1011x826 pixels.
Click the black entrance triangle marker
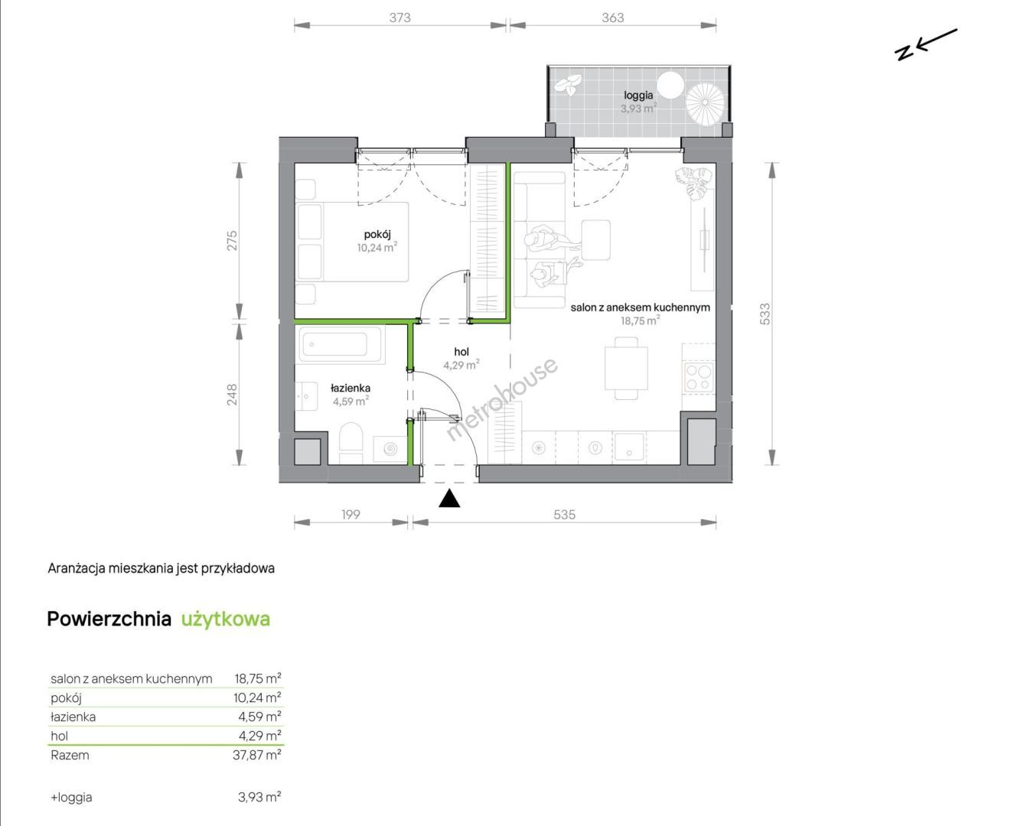pos(449,499)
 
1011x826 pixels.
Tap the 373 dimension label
pos(400,18)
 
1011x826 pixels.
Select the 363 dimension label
pos(612,18)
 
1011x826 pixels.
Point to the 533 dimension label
pos(765,314)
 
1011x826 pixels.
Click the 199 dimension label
pos(351,515)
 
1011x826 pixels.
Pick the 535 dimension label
pos(564,515)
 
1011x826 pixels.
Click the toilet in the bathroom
pos(351,443)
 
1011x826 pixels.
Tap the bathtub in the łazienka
pos(340,344)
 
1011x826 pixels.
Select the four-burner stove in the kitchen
pos(699,377)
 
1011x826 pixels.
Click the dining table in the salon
pos(626,368)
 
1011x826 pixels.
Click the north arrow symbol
pos(926,44)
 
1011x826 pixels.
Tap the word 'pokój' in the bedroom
pos(377,234)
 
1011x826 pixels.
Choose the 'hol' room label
pos(461,352)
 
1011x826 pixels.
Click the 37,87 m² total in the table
pos(257,755)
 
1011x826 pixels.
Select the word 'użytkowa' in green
pos(225,619)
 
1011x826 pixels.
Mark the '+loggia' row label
pos(71,797)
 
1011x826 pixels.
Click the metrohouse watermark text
pos(502,399)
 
